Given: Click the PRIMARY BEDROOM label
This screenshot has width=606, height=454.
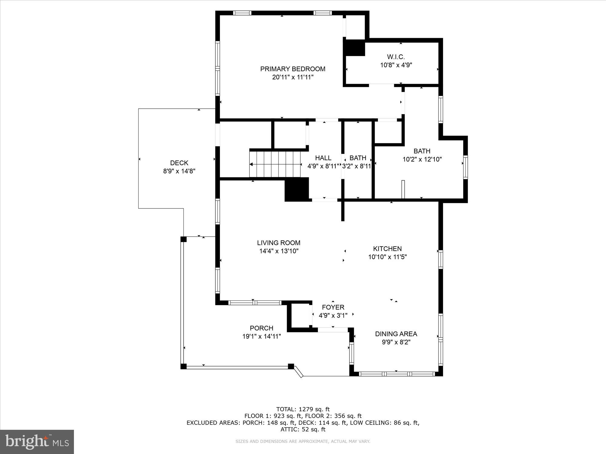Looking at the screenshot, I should coord(293,69).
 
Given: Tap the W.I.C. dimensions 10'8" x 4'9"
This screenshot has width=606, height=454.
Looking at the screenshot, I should coord(396,65).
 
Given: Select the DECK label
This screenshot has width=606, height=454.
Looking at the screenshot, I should coord(179,163).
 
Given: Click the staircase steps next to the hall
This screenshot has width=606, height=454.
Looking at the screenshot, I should coord(275,164).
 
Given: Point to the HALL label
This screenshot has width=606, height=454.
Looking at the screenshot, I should coord(323,158).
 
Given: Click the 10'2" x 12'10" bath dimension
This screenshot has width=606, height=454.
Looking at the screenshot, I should coord(422,159).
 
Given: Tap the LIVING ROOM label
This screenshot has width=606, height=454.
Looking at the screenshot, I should coord(278,243).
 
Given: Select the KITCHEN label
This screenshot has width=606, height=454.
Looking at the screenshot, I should coord(387,249).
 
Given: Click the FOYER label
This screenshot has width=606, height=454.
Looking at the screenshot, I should coord(333,308).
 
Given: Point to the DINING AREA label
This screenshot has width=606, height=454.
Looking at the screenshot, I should coord(396,334).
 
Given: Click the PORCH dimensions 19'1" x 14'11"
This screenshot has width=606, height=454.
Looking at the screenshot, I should coord(261,336).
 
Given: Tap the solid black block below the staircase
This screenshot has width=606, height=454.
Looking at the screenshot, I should coord(297,189).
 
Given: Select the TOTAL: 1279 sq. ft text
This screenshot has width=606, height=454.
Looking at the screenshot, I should coord(303,409).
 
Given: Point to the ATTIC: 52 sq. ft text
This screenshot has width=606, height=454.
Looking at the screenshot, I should coord(303,429).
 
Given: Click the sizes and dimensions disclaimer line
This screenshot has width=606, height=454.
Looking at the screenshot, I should coord(303,442).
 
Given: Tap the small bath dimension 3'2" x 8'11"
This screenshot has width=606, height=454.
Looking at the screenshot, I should coord(357,166).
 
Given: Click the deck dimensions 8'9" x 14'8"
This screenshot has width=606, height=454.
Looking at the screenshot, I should coord(179,171).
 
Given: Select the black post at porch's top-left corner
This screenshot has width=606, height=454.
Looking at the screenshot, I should coord(183,239).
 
